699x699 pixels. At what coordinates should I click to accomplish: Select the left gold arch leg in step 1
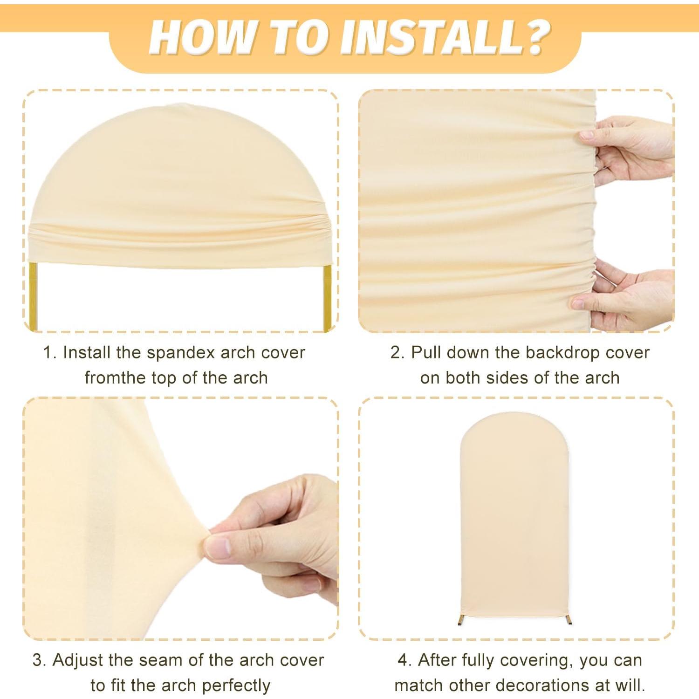coord(34,296)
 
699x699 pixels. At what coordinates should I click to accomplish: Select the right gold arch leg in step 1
coord(327,296)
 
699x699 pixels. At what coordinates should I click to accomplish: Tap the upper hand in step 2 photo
coord(629,149)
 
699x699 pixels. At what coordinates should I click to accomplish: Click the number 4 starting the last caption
coord(403,660)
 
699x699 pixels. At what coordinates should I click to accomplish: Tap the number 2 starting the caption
coord(396,353)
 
